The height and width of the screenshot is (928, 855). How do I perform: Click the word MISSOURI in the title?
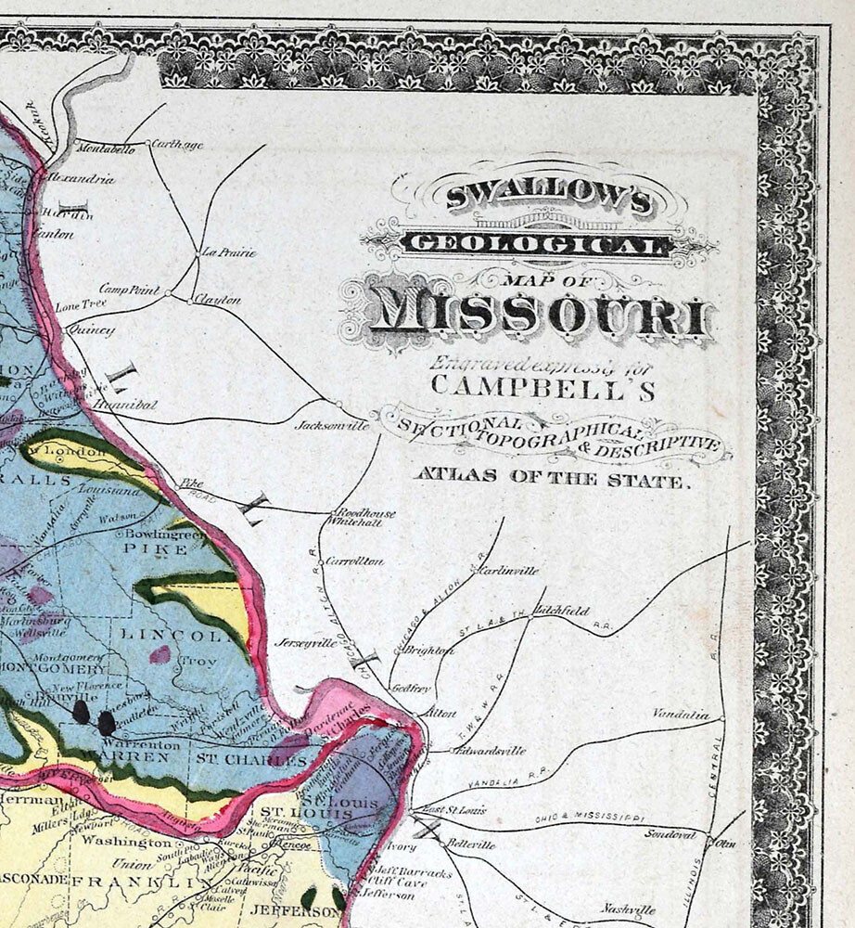(542, 314)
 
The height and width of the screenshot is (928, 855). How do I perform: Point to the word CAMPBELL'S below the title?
(542, 386)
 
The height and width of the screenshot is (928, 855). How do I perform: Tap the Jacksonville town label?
(332, 426)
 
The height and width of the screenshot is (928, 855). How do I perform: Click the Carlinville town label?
(507, 571)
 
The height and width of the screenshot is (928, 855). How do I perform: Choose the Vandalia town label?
(680, 715)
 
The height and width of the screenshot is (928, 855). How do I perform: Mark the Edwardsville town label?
(491, 751)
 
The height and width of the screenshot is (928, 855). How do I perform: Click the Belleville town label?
(471, 845)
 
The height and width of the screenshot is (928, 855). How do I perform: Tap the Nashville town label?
(628, 909)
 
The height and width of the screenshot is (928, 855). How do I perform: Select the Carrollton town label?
(354, 561)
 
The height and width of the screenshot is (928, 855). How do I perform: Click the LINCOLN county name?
(175, 637)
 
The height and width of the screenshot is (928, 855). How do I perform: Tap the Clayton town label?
(217, 301)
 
